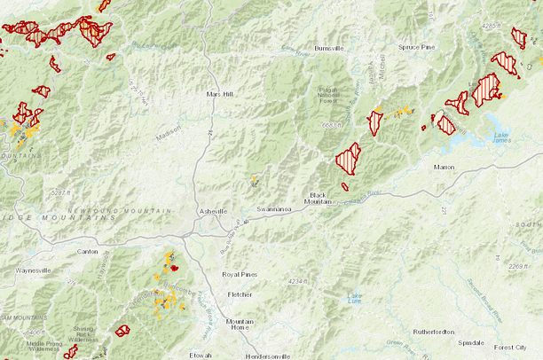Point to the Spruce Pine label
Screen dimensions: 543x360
tap(416, 46)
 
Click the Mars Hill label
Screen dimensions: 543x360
tap(219, 93)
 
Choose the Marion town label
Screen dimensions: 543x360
tap(444, 166)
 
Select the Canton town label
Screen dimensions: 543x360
tap(88, 252)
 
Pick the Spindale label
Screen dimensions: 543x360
tap(470, 341)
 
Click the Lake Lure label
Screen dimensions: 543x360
tap(355, 297)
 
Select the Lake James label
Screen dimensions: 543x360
tap(502, 137)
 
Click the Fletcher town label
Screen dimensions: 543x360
tap(240, 293)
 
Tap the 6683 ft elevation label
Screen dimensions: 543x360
tap(334, 125)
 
